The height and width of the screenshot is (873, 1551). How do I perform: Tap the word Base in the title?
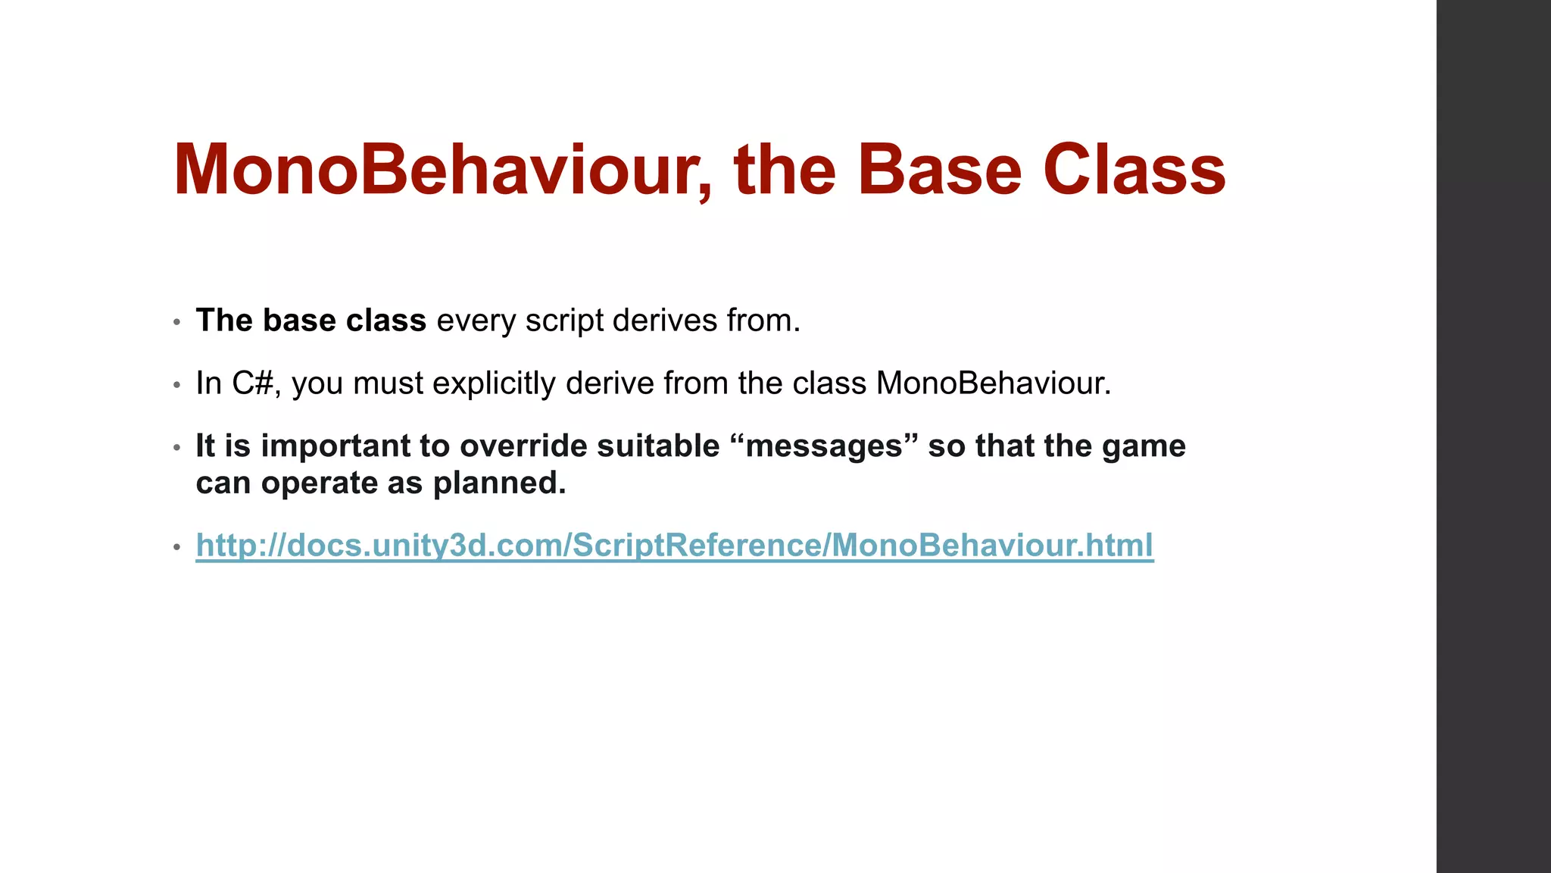pyautogui.click(x=939, y=171)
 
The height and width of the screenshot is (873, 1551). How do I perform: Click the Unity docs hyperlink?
pyautogui.click(x=674, y=545)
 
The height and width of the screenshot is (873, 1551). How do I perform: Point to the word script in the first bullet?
pyautogui.click(x=564, y=321)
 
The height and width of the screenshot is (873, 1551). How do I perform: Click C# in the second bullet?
pyautogui.click(x=252, y=383)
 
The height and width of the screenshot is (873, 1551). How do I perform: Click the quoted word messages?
pyautogui.click(x=825, y=446)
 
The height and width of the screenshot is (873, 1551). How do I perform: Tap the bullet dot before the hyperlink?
pyautogui.click(x=176, y=547)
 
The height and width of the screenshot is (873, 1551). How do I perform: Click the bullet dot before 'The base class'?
pyautogui.click(x=176, y=322)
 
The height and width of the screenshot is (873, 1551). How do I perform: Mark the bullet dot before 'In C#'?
pyautogui.click(x=176, y=385)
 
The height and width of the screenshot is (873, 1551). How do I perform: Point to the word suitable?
pyautogui.click(x=658, y=446)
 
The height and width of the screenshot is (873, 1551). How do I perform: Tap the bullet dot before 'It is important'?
pyautogui.click(x=176, y=448)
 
